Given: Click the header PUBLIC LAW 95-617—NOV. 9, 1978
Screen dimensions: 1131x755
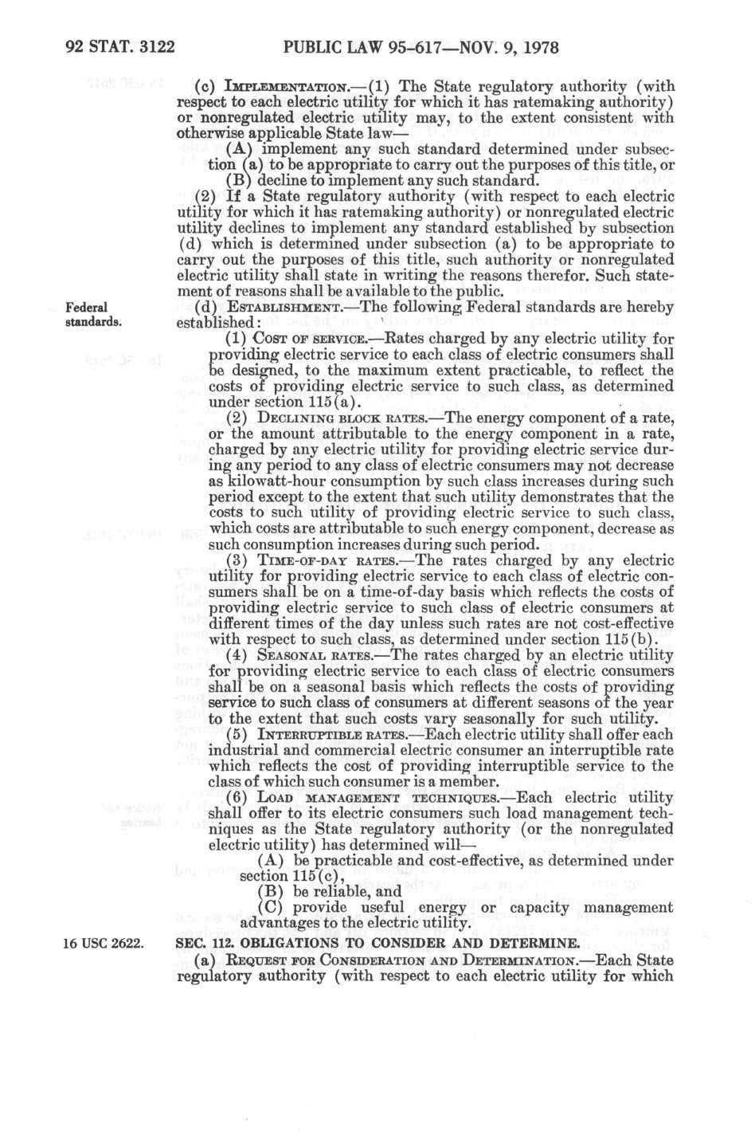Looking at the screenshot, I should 421,48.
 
